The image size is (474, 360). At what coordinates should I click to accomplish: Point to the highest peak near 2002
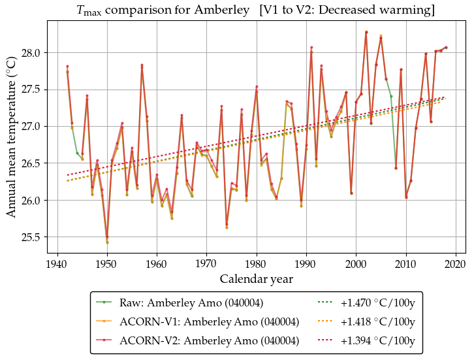[x=366, y=32]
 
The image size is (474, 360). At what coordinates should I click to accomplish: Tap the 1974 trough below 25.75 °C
[x=227, y=225]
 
